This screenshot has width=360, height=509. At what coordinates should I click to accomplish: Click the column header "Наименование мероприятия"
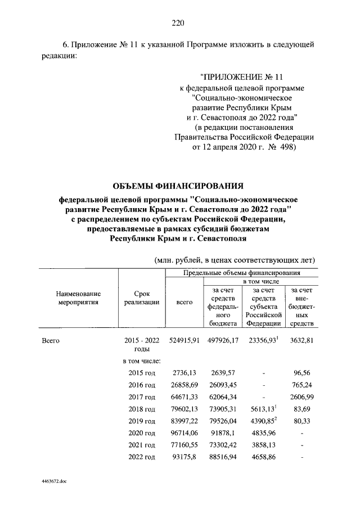(x=78, y=298)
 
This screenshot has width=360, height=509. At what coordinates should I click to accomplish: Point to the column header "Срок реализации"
(x=142, y=298)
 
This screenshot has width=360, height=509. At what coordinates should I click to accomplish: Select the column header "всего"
(x=184, y=302)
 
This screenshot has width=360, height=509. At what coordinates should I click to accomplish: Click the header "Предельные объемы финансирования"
(x=241, y=272)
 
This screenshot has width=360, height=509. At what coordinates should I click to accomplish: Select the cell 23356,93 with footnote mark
(x=262, y=340)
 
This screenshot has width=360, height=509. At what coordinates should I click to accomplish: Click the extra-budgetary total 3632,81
(x=301, y=340)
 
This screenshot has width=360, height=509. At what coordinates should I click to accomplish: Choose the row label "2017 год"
(x=142, y=397)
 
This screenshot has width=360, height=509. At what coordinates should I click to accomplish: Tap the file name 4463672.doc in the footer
(x=55, y=482)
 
